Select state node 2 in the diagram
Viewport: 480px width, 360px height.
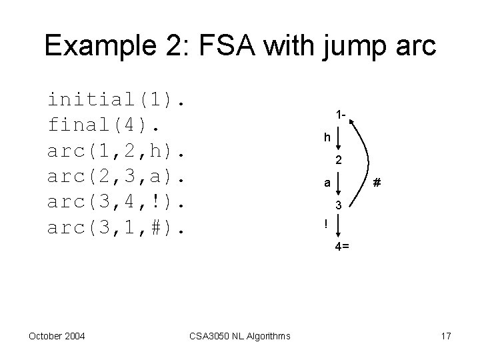coord(339,161)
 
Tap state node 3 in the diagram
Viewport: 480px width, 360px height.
coord(339,205)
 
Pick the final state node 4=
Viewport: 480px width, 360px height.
coord(341,247)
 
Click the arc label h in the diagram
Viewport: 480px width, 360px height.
coord(327,138)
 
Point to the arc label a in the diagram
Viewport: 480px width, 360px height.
coord(326,181)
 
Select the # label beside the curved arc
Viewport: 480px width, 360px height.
coord(377,181)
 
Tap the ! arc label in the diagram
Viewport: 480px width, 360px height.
coord(326,224)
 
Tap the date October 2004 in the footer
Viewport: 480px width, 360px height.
coord(57,336)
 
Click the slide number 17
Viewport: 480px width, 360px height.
coord(445,336)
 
